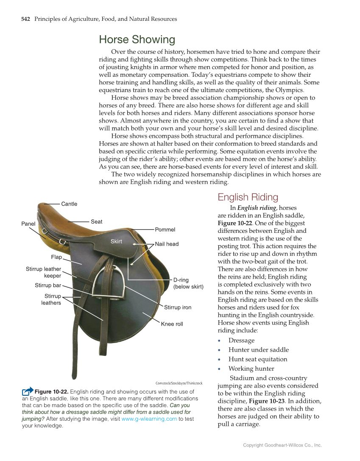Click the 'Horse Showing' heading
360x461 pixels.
pos(137,40)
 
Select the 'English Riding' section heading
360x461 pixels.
pos(248,197)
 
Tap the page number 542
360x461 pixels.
pos(25,19)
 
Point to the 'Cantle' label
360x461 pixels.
pos(69,204)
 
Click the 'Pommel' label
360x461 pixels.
pos(165,229)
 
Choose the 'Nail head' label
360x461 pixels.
pos(167,244)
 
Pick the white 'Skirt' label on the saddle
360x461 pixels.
pos(116,241)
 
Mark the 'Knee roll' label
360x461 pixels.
pos(172,324)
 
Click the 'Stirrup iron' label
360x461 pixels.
pos(178,307)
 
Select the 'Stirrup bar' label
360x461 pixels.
pos(48,285)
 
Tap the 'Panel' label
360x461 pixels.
pos(28,224)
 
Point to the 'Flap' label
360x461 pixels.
pos(56,257)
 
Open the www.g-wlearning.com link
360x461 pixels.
pos(149,419)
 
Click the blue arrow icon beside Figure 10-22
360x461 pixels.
pos(28,391)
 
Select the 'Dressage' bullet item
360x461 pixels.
pos(241,341)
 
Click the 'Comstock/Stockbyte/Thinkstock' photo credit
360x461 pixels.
pos(179,383)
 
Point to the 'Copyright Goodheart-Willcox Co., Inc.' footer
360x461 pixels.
pos(282,445)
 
